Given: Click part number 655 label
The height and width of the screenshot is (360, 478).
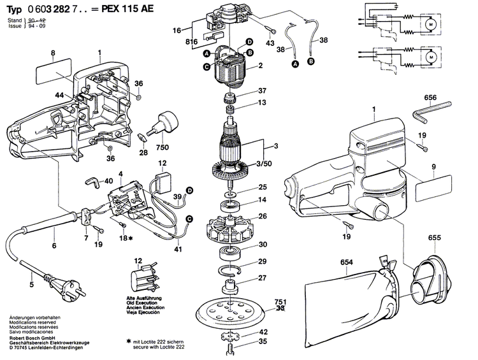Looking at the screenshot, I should [x=435, y=238].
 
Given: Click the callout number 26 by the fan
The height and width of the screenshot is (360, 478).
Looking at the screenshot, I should [x=263, y=216].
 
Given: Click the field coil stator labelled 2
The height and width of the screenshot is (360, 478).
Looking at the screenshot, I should [x=231, y=66].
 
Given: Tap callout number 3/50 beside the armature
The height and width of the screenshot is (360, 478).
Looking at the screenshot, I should [x=261, y=164].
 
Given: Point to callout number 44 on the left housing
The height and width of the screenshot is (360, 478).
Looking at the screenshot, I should [x=59, y=95].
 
